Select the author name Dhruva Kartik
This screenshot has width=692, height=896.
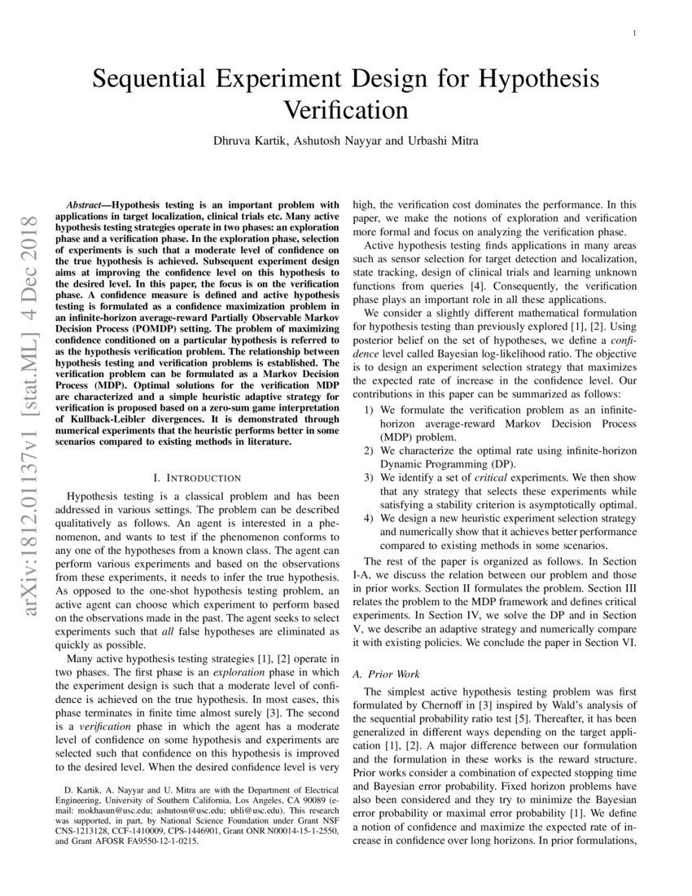pyautogui.click(x=241, y=140)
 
